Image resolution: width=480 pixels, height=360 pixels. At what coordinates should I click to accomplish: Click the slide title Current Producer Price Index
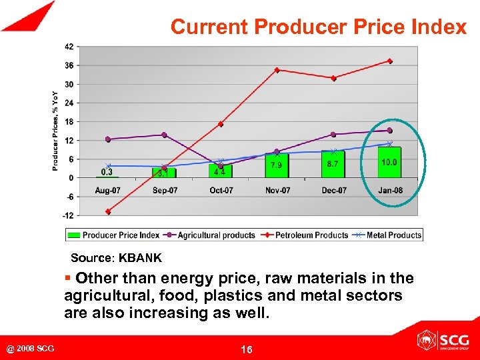pyautogui.click(x=318, y=27)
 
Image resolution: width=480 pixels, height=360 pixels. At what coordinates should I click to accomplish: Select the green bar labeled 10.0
pyautogui.click(x=389, y=163)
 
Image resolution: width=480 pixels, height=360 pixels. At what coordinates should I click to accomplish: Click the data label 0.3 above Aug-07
pyautogui.click(x=107, y=172)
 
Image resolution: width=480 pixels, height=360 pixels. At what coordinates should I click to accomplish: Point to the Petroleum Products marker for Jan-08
pyautogui.click(x=389, y=61)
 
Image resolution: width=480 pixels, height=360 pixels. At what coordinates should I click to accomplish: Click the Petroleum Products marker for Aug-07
pyautogui.click(x=108, y=211)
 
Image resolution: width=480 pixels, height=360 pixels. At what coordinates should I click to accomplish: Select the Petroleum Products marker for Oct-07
pyautogui.click(x=221, y=124)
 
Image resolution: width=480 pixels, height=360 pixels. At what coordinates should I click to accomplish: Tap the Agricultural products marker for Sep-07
pyautogui.click(x=164, y=135)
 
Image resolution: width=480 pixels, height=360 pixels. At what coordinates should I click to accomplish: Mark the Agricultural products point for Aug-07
pyautogui.click(x=108, y=139)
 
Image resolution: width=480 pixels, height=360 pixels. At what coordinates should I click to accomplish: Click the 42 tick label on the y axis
pyautogui.click(x=69, y=47)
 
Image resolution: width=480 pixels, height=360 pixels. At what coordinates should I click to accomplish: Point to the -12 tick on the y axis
pyautogui.click(x=68, y=215)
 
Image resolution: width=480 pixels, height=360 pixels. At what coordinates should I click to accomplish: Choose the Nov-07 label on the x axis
pyautogui.click(x=277, y=191)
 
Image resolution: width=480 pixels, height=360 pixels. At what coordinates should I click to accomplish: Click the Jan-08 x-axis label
pyautogui.click(x=389, y=191)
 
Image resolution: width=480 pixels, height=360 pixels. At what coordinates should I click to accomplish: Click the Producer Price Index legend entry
pyautogui.click(x=110, y=235)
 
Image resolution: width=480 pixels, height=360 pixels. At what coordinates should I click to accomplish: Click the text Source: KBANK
pyautogui.click(x=116, y=257)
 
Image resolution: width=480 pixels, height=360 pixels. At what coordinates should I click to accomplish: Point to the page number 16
pyautogui.click(x=246, y=349)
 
